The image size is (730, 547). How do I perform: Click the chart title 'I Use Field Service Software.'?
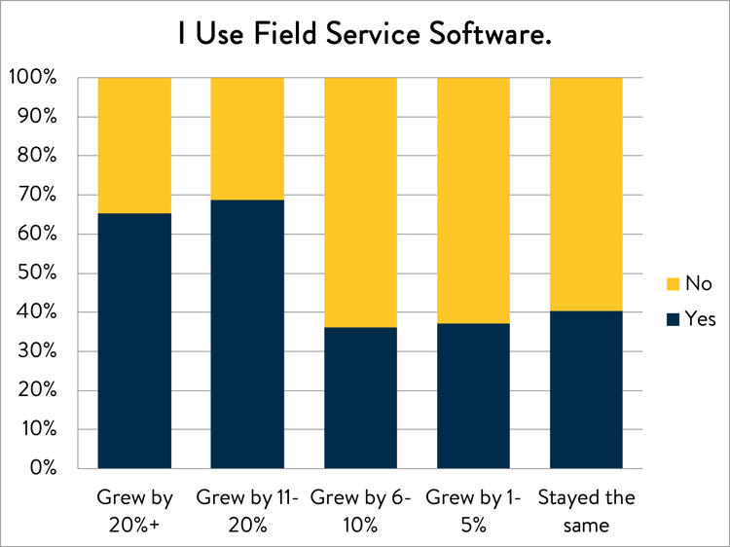(x=365, y=34)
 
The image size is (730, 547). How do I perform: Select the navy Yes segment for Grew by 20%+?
(x=134, y=341)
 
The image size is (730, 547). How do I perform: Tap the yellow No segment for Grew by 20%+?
(x=134, y=145)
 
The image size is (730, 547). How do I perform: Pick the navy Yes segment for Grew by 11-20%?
(x=247, y=334)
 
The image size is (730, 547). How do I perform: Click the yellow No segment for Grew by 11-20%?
(x=247, y=139)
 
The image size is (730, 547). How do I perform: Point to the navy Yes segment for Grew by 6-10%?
(x=360, y=397)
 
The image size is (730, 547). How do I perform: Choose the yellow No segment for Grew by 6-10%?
(x=360, y=202)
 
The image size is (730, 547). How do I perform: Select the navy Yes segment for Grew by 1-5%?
(x=473, y=396)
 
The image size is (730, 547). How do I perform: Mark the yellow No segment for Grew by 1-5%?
(x=473, y=201)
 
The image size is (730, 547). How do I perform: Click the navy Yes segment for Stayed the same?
(x=586, y=389)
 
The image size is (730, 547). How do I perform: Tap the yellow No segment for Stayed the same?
(x=586, y=194)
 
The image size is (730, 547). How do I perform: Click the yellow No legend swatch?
(x=673, y=284)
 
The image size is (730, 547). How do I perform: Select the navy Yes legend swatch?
(x=673, y=319)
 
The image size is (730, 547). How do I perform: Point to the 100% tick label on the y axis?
(x=32, y=77)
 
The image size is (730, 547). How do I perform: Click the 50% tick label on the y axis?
(x=37, y=273)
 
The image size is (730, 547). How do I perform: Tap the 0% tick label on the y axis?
(x=43, y=467)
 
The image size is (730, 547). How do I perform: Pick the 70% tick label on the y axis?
(x=37, y=195)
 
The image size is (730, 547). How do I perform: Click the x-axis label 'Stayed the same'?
(x=587, y=512)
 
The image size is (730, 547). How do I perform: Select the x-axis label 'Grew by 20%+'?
(x=134, y=512)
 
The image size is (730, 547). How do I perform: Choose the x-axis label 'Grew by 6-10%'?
(x=360, y=512)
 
